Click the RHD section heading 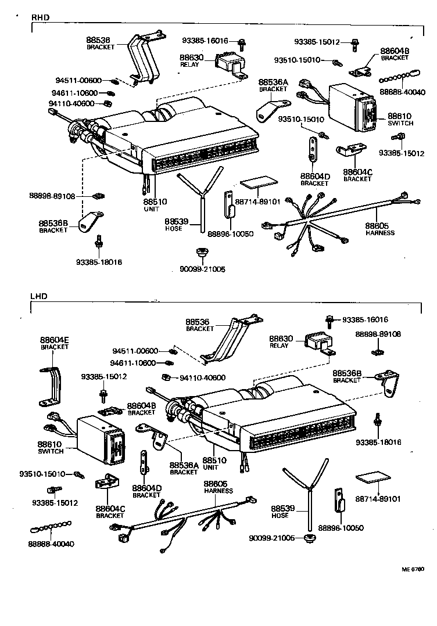click(39, 18)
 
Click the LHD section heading click(38, 296)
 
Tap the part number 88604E click(55, 340)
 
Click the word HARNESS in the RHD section click(380, 233)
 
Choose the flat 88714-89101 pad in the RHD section click(257, 184)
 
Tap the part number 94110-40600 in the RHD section click(71, 103)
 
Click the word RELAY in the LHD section click(279, 346)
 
